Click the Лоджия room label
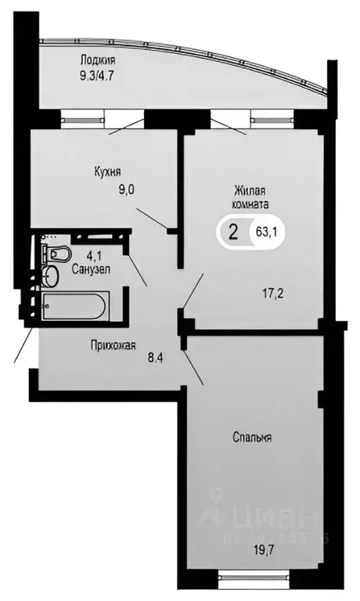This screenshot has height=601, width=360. [98, 59]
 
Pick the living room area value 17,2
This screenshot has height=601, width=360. [273, 294]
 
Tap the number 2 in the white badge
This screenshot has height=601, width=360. [232, 231]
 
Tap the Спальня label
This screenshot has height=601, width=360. [251, 437]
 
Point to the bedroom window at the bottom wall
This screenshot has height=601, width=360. [245, 580]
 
